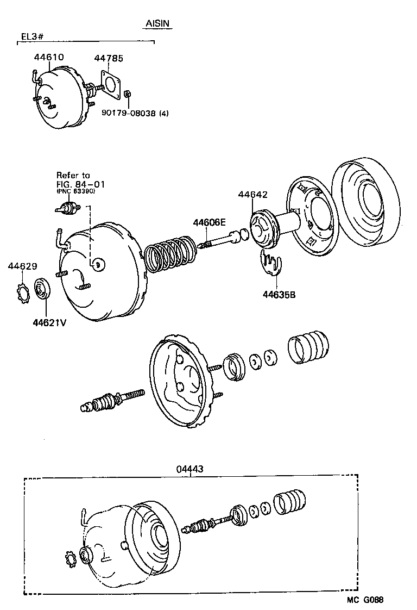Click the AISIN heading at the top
coord(159,24)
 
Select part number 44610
coord(49,57)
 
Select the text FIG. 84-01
coord(80,184)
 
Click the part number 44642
coord(252,195)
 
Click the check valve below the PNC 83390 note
coord(67,208)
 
